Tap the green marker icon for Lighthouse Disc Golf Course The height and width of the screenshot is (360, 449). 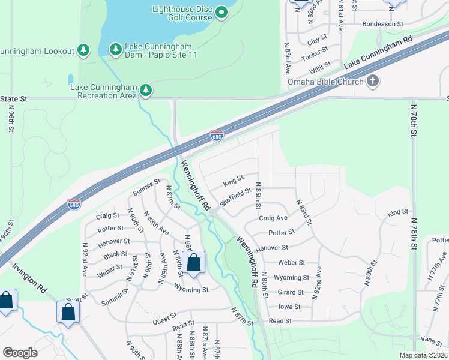(221, 12)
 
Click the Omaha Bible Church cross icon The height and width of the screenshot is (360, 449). (373, 81)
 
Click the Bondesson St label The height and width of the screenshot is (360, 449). (383, 24)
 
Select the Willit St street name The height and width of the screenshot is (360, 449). (320, 64)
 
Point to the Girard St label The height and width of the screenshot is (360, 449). (291, 292)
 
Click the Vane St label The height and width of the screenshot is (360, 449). (431, 339)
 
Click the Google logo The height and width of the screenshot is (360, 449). (20, 353)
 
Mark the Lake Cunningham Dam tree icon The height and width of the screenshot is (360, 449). (115, 48)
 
